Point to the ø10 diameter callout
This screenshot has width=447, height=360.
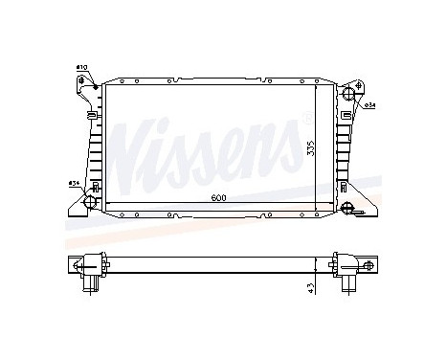pos(81,66)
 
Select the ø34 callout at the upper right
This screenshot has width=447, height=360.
pos(368,106)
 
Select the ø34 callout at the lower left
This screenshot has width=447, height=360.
pos(73,183)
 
